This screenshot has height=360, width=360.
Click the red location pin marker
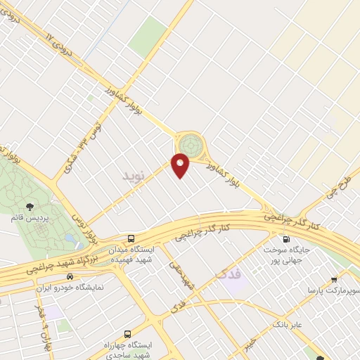[181, 165]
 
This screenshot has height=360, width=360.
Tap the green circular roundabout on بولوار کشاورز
[188, 145]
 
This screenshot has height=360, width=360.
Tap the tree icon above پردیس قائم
[31, 206]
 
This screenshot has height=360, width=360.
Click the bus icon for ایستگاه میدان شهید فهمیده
[131, 238]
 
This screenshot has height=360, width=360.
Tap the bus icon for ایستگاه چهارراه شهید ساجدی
[127, 334]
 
